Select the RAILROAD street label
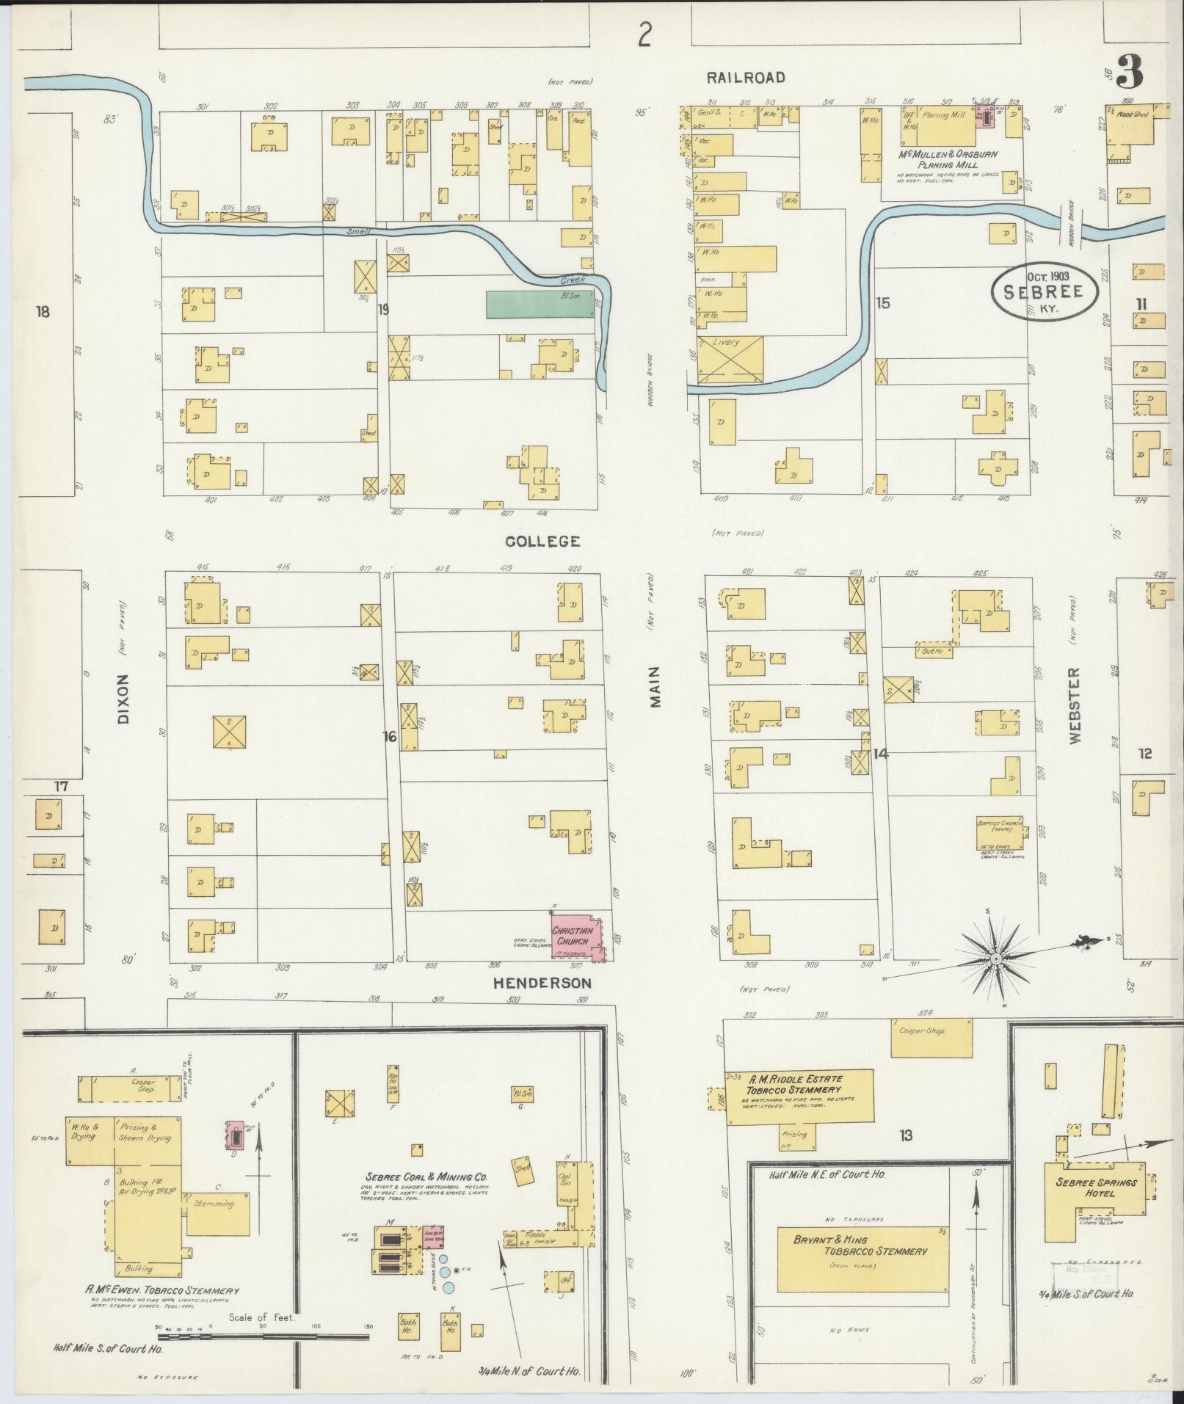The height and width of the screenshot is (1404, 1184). pos(746,77)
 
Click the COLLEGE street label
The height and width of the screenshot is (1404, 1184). pos(542,542)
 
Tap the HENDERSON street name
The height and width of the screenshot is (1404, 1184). pos(542,982)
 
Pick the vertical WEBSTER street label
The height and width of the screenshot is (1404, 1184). pos(1075,706)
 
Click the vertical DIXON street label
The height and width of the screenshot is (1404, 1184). pos(122,699)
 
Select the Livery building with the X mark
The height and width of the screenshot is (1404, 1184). pos(730,359)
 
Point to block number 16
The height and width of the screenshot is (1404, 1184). pos(388,736)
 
